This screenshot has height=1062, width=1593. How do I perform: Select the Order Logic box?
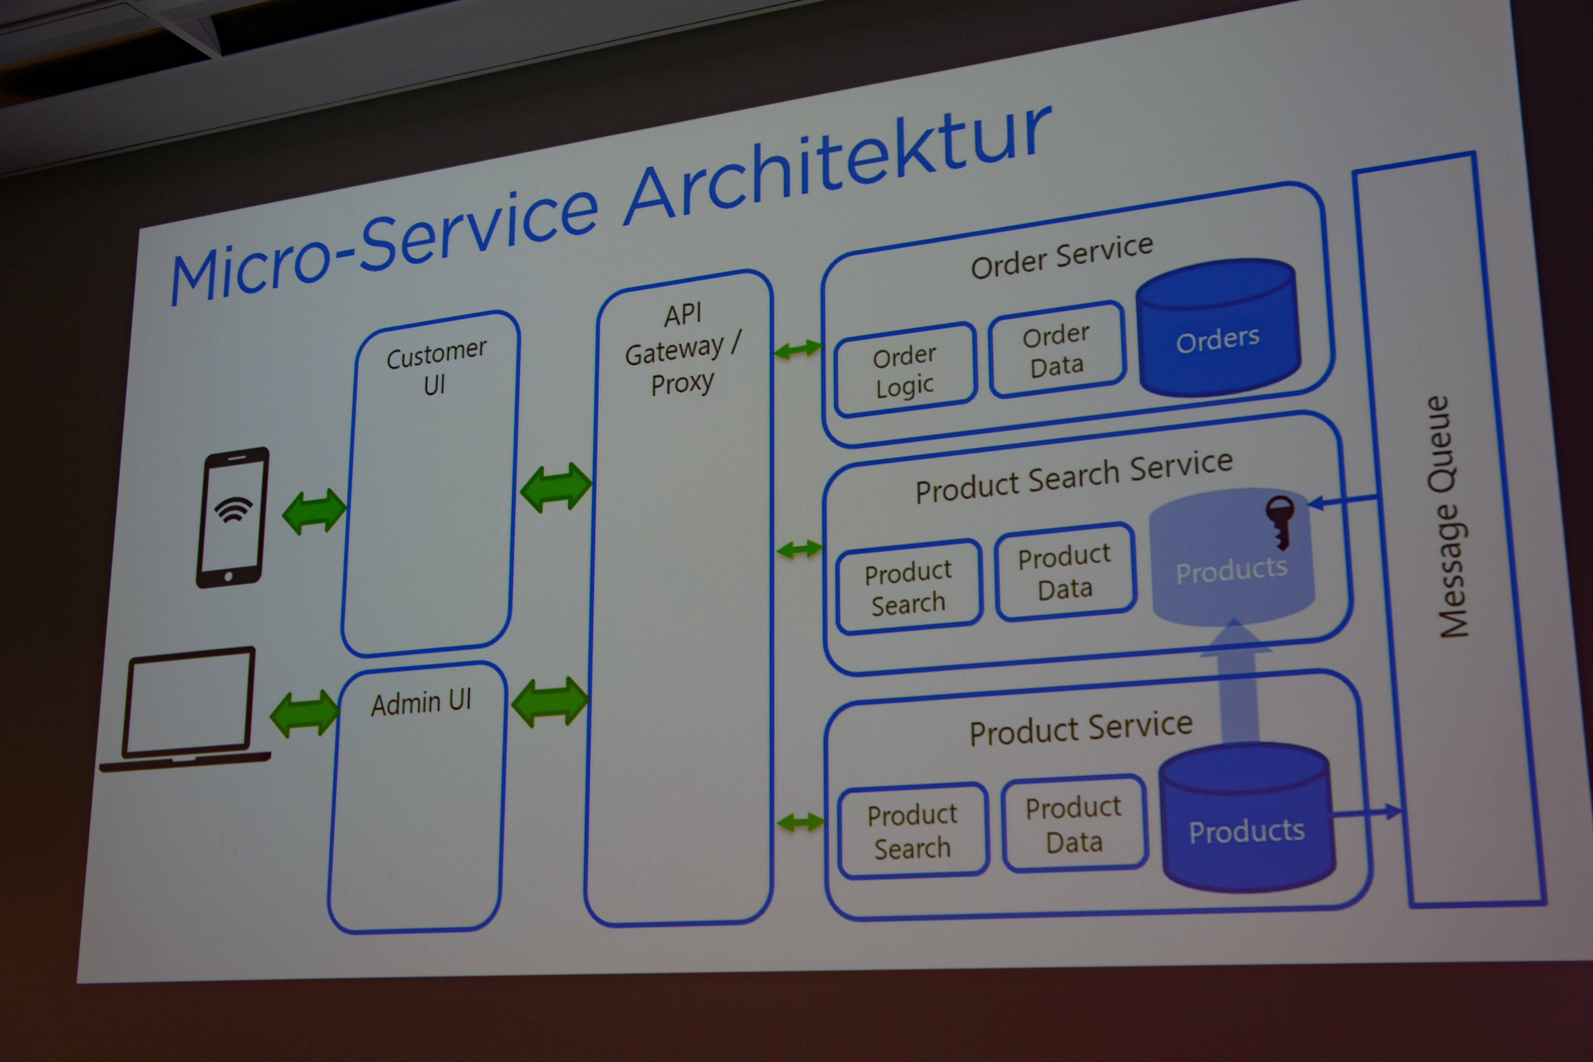(905, 370)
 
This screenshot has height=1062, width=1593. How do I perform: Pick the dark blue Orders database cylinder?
(1218, 329)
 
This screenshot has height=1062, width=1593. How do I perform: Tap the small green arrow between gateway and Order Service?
(797, 350)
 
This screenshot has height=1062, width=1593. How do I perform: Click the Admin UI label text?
(421, 702)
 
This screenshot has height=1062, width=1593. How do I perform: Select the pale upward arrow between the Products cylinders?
(1237, 684)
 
